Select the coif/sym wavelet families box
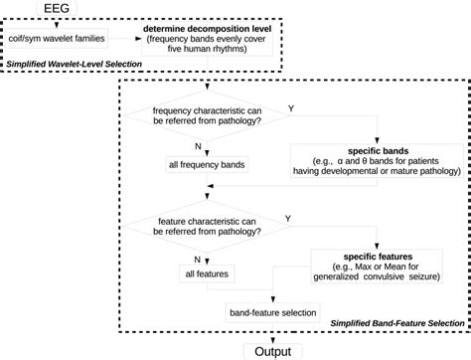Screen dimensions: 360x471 click(58, 41)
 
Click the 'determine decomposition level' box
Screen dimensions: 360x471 click(205, 41)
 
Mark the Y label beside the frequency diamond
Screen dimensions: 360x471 click(289, 105)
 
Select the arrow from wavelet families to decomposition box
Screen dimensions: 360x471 click(125, 41)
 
